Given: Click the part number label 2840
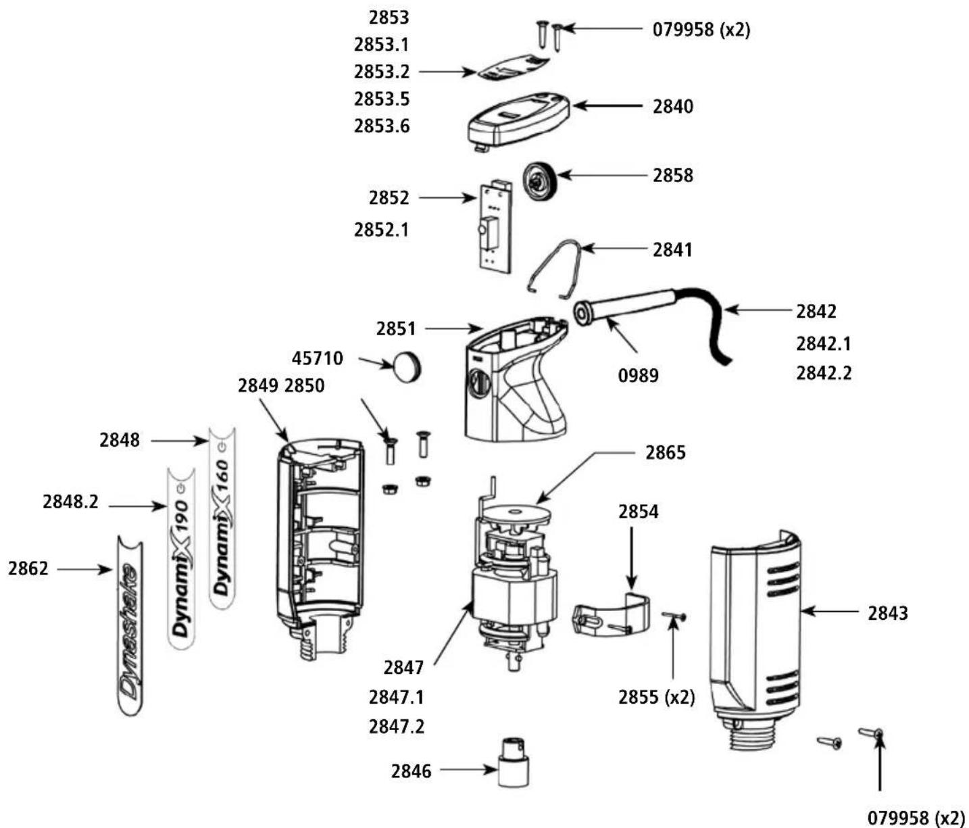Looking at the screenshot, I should (672, 107).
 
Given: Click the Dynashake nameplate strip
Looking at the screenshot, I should (130, 625).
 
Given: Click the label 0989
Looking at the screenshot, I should (638, 375).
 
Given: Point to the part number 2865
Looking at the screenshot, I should (665, 452).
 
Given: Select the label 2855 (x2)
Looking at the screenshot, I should (656, 697).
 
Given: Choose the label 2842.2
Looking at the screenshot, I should (823, 372).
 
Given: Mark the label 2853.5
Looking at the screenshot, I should (382, 99).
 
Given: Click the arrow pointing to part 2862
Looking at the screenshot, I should (84, 570).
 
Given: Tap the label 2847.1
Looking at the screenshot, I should (396, 697).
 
